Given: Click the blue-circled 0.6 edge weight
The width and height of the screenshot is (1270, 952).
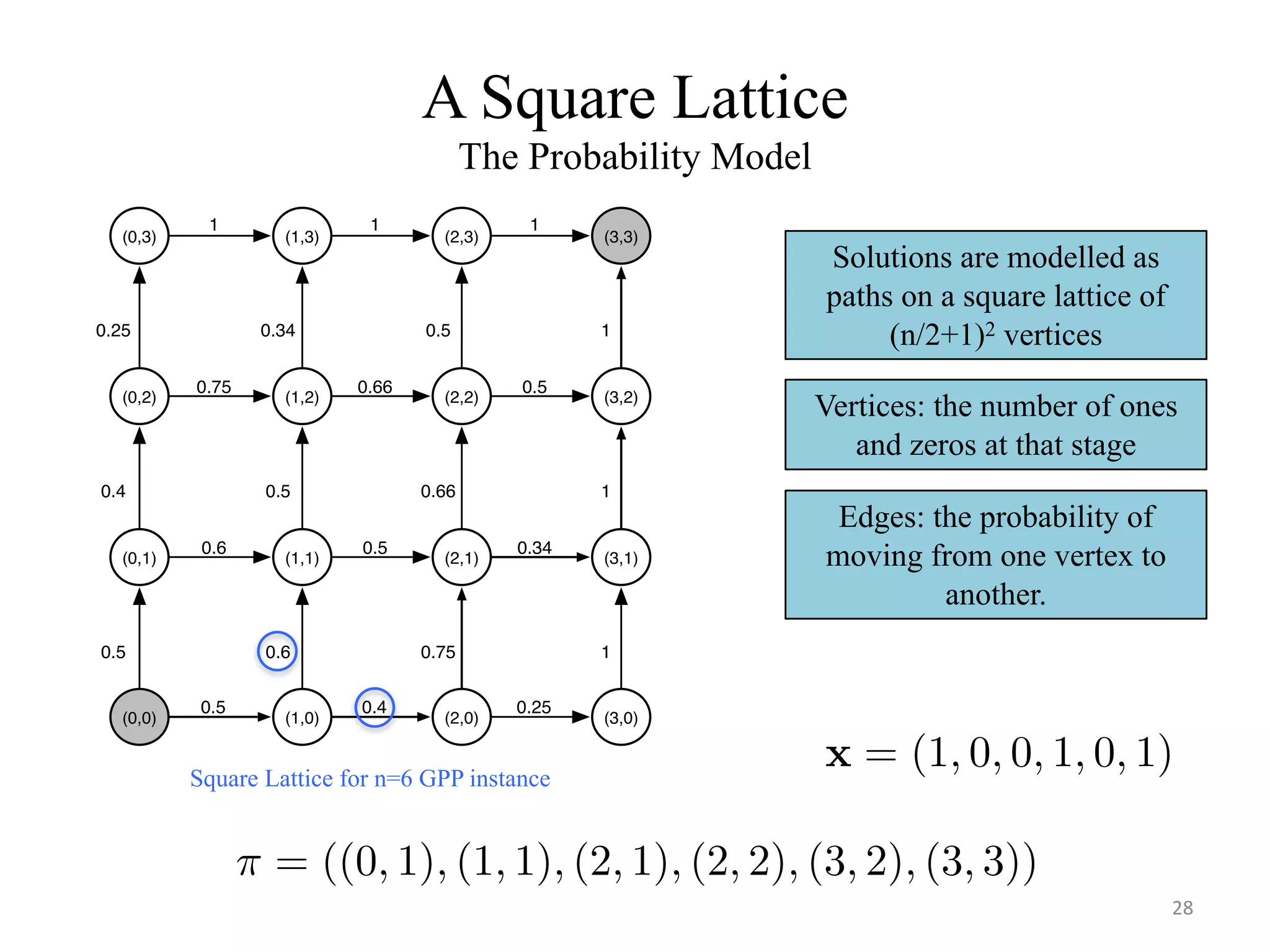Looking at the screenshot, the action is click(277, 651).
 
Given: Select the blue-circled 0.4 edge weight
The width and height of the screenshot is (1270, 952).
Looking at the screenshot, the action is click(374, 707).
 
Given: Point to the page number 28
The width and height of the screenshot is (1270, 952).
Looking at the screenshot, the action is click(1182, 908).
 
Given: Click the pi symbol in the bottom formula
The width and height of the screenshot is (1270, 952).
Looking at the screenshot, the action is click(249, 863).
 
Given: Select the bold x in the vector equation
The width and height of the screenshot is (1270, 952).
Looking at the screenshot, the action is click(838, 755).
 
